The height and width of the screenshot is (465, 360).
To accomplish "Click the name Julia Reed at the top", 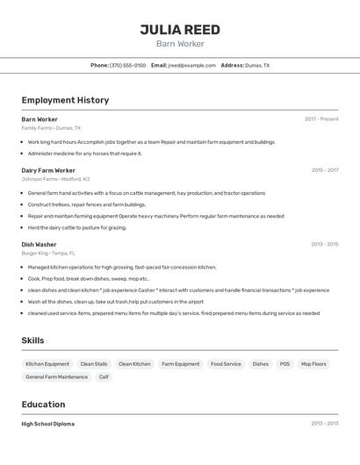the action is [180, 29].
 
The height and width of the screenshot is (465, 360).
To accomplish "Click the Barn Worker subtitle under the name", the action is [180, 44].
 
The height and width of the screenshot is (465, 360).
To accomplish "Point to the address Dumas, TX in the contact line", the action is [257, 65].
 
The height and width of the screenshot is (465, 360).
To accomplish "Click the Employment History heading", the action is [65, 100].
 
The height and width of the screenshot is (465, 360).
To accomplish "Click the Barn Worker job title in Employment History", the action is [40, 119].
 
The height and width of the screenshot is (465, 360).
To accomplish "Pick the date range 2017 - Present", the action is [321, 119].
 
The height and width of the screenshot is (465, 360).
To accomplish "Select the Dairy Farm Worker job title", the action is [48, 170].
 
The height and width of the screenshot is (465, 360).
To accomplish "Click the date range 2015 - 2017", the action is [324, 170].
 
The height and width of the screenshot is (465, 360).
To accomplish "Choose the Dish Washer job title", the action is [39, 245].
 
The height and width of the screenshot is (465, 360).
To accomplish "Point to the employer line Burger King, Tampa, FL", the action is [48, 253].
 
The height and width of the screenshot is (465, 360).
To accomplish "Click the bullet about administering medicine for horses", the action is [84, 154].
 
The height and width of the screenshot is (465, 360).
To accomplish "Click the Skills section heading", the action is [33, 340].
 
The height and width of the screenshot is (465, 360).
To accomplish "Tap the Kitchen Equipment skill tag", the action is [47, 364].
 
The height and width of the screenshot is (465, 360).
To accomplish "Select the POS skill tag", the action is [284, 364].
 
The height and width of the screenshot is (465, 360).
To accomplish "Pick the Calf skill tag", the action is [104, 377].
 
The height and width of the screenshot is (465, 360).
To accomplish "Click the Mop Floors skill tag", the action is [313, 364].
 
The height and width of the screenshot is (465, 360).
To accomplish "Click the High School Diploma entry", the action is [47, 424].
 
